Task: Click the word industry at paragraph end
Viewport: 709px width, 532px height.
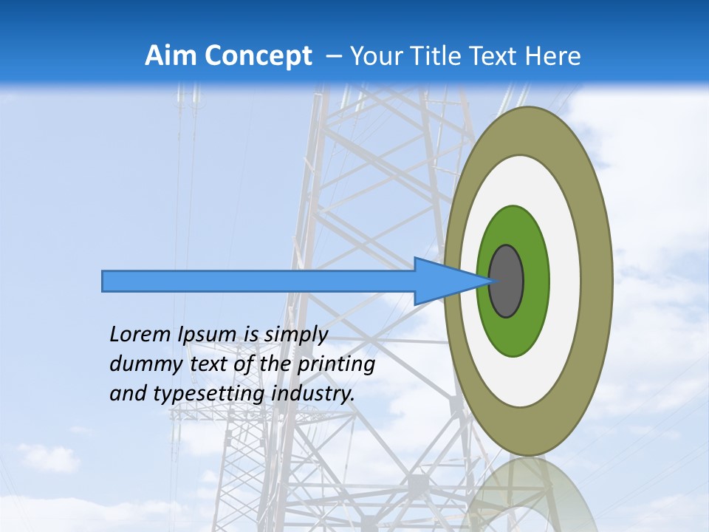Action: click(314, 394)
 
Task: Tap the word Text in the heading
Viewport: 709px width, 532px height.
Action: click(497, 56)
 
